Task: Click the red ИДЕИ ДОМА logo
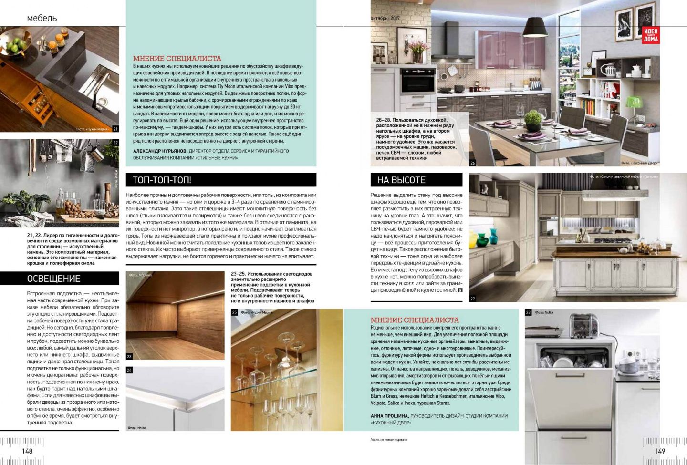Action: pos(650,34)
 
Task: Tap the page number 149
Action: pos(660,451)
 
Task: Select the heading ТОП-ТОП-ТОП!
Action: pos(159,180)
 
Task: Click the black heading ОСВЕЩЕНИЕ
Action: pos(54,279)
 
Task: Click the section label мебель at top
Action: pos(42,18)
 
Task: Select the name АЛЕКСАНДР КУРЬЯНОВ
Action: pos(160,151)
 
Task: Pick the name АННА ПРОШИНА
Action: pos(389,416)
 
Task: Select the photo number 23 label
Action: pos(129,357)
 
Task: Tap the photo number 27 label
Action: pos(473,299)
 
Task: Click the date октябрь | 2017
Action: pos(385,18)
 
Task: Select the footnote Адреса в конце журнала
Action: pos(389,440)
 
